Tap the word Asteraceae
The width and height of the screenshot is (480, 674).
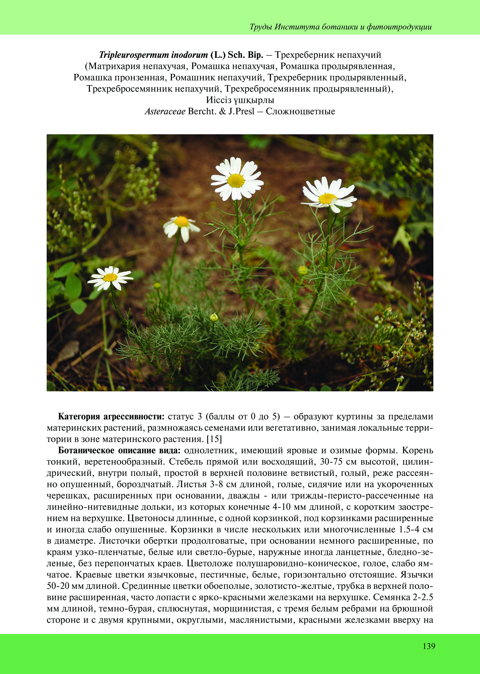pyautogui.click(x=165, y=111)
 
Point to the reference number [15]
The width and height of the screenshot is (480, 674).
pyautogui.click(x=214, y=439)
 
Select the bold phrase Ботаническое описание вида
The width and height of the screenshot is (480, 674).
pyautogui.click(x=119, y=451)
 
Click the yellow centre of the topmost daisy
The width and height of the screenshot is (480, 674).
pyautogui.click(x=236, y=180)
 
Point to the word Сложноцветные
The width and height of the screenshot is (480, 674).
pyautogui.click(x=300, y=111)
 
